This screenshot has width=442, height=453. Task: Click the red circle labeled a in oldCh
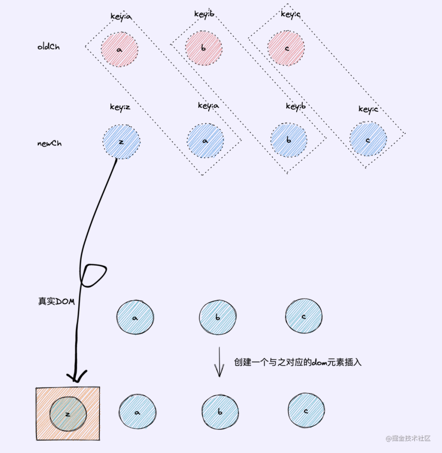point(120,49)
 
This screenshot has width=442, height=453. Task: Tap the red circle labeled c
point(286,48)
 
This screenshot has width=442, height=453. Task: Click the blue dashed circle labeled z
point(121,142)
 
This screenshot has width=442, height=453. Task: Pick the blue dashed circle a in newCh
point(205,141)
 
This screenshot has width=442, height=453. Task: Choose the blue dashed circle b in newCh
point(289,140)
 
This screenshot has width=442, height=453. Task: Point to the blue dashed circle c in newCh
point(368,140)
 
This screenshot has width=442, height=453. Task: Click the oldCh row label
point(48,47)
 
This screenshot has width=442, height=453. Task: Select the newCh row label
point(50,144)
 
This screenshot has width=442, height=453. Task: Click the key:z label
point(120,108)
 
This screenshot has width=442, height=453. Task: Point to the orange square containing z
point(68,413)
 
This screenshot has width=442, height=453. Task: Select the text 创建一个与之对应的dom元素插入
point(298,362)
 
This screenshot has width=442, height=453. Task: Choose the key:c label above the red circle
point(291,14)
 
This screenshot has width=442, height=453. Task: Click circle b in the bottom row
point(220,412)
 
